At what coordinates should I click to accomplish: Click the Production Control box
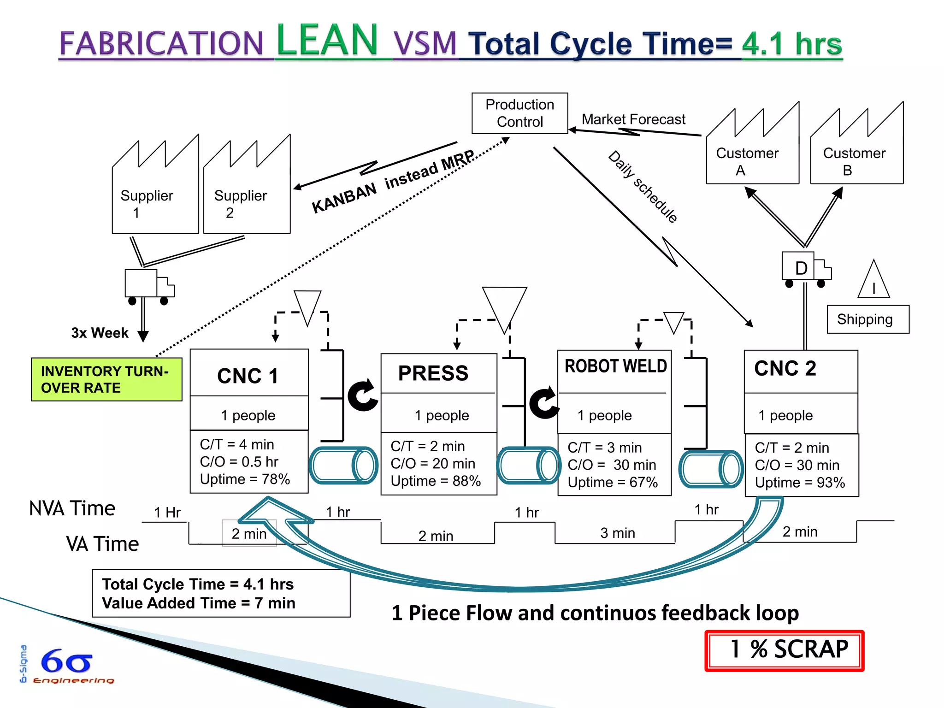point(519,113)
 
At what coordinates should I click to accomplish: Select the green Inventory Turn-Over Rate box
point(106,379)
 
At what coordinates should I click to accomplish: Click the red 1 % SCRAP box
point(784,650)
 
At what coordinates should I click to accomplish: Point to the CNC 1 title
point(248,376)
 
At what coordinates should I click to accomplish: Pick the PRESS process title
point(433,373)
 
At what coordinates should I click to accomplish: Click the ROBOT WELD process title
point(615,366)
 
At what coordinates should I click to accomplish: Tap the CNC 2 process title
point(785,369)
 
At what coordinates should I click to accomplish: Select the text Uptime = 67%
point(613,483)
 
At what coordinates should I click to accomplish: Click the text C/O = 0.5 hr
point(239,462)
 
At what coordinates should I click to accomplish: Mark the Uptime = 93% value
point(800,483)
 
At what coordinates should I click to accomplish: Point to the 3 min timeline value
point(617,533)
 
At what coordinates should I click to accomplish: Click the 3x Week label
point(100,333)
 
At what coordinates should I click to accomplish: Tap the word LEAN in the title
point(327,41)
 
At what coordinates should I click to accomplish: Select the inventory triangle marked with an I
point(873,281)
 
